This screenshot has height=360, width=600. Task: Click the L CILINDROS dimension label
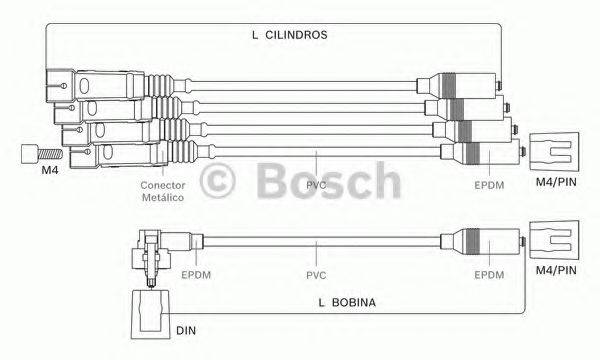coord(290,34)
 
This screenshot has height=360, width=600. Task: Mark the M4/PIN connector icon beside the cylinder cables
coord(552,152)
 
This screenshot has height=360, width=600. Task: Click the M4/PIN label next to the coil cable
coord(555,270)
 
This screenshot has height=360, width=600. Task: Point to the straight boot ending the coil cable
coord(480,242)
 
